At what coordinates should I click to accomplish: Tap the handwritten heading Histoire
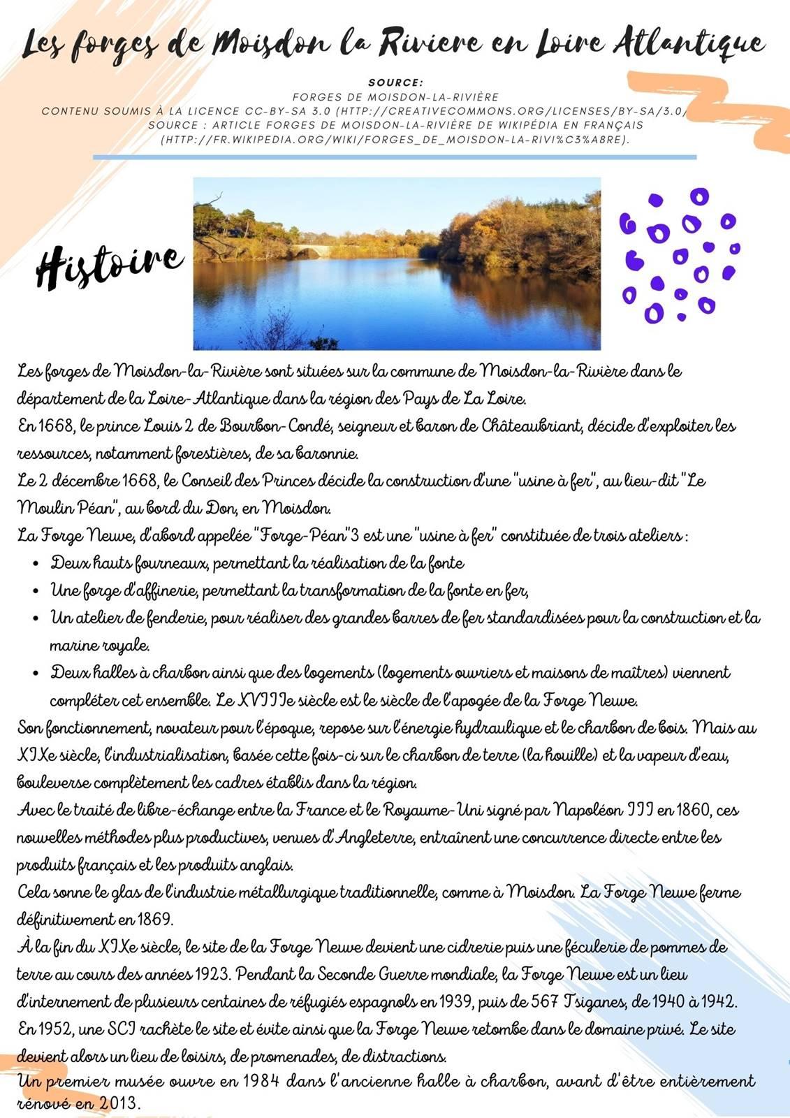[110, 265]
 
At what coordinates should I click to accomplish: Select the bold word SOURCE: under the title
[395, 83]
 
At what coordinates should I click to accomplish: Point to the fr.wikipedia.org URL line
[395, 139]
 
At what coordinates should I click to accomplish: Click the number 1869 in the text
[154, 919]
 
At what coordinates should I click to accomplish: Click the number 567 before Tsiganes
[543, 1001]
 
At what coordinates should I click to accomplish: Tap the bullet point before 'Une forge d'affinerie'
[36, 592]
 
